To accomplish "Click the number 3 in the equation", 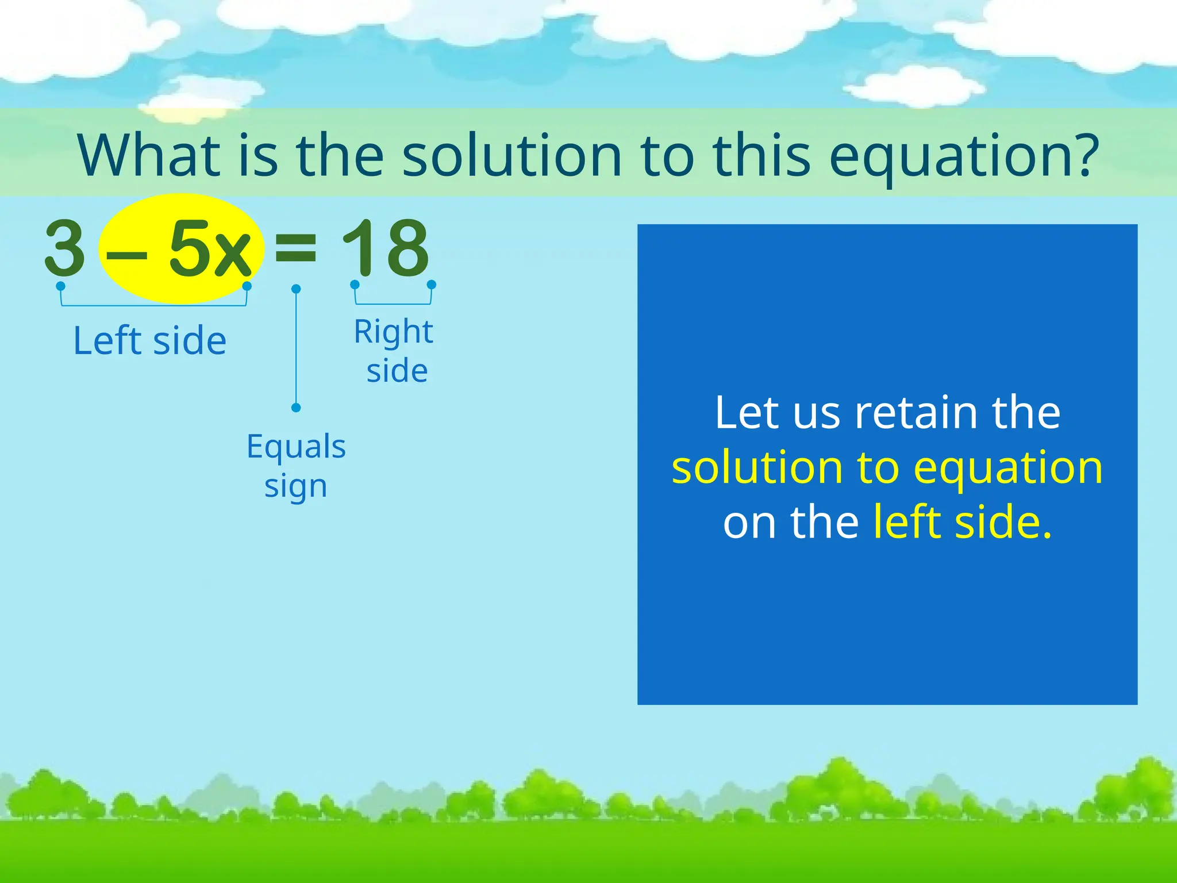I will [65, 248].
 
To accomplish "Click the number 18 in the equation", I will [385, 248].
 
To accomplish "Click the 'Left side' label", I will [150, 341].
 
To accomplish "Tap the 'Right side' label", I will [394, 350].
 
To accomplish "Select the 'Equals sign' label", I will [296, 466].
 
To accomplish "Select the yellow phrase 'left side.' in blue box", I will [963, 522].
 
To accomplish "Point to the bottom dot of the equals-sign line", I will [296, 408].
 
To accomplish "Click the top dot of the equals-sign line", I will [296, 289].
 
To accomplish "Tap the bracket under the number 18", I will [393, 302].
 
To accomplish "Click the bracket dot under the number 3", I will [60, 286].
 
